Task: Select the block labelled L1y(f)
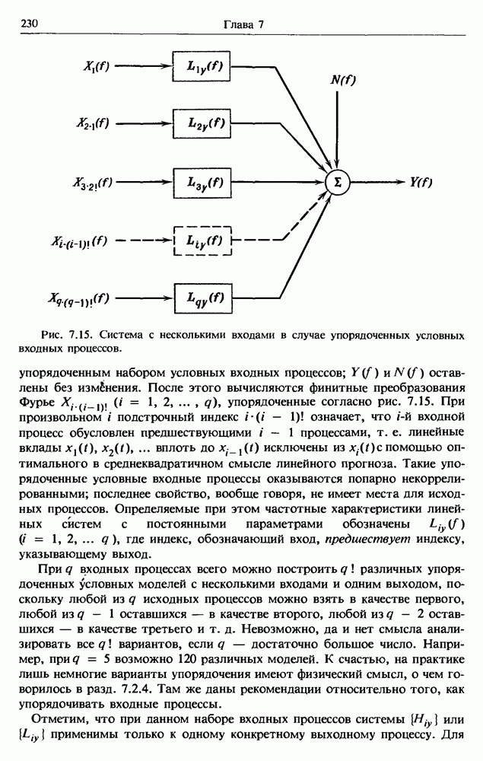click(x=201, y=65)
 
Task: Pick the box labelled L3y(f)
click(x=201, y=182)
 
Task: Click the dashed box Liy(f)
click(x=201, y=241)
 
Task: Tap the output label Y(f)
click(x=421, y=182)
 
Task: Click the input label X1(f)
click(x=96, y=65)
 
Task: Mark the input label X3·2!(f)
click(x=93, y=183)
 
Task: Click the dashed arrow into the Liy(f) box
click(x=142, y=241)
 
